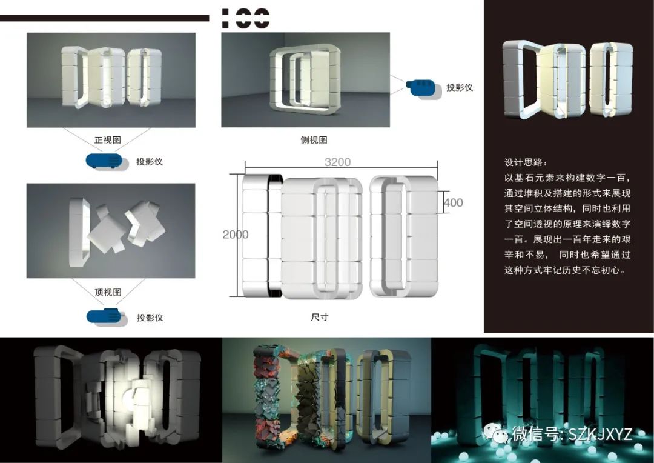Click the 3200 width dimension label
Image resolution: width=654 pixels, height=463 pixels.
click(x=337, y=162)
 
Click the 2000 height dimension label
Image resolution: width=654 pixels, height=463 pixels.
click(x=235, y=235)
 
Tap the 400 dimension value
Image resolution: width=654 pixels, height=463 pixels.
click(x=453, y=202)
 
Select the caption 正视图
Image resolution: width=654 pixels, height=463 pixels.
click(x=108, y=140)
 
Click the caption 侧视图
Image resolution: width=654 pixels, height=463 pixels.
click(x=314, y=140)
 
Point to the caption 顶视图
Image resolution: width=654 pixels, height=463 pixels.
click(x=108, y=292)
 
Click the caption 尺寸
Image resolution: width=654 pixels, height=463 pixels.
click(x=319, y=317)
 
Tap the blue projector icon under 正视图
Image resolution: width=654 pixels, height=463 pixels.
click(x=107, y=161)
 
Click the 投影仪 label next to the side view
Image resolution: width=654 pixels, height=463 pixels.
click(x=460, y=87)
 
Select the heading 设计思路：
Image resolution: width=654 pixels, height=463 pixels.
click(x=526, y=163)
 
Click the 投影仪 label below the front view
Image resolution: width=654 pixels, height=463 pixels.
click(x=150, y=162)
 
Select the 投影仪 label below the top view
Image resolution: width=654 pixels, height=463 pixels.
click(x=150, y=318)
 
